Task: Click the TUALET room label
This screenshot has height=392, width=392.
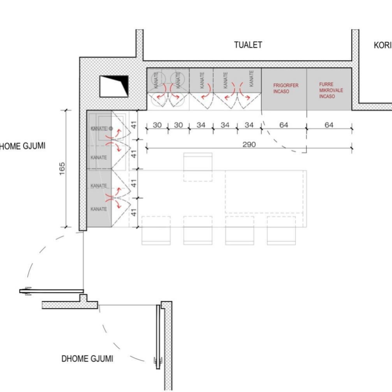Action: click(x=248, y=45)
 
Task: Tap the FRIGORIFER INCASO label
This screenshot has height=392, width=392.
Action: click(x=285, y=88)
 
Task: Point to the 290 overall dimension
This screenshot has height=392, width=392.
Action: click(x=249, y=144)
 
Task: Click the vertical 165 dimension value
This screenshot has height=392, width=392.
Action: click(x=62, y=169)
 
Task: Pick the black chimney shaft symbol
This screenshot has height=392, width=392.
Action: click(x=114, y=86)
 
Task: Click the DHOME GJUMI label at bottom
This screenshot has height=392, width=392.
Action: click(x=87, y=359)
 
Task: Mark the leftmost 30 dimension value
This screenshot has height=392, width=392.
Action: click(x=157, y=125)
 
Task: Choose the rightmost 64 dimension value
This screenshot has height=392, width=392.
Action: click(x=329, y=125)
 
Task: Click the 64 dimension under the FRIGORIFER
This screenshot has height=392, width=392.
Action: click(x=284, y=125)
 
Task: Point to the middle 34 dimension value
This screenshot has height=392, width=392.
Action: click(x=225, y=125)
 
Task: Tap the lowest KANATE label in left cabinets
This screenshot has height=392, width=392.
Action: click(x=98, y=209)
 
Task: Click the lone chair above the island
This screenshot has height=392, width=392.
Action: click(x=198, y=167)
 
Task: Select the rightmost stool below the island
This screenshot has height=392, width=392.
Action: click(x=281, y=230)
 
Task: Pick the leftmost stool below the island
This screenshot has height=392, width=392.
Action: click(x=156, y=230)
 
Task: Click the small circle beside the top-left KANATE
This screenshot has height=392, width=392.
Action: click(x=111, y=128)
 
